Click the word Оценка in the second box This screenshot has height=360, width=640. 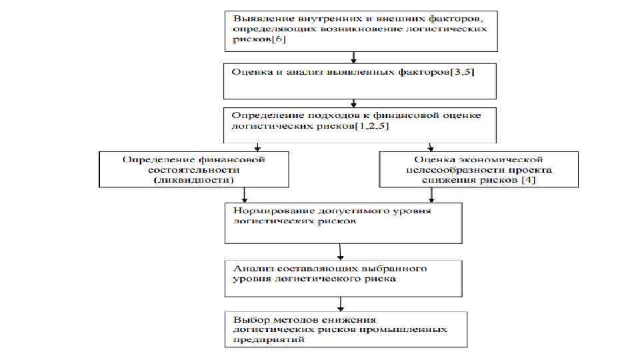tap(246, 71)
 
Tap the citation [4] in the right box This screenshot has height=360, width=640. tap(526, 180)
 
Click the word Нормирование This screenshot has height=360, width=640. tap(262, 211)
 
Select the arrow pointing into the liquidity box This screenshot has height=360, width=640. tap(257, 147)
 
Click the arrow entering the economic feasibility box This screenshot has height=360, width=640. tap(431, 147)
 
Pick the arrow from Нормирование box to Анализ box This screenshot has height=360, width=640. tap(341, 252)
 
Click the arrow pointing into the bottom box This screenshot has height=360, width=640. tap(341, 305)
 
